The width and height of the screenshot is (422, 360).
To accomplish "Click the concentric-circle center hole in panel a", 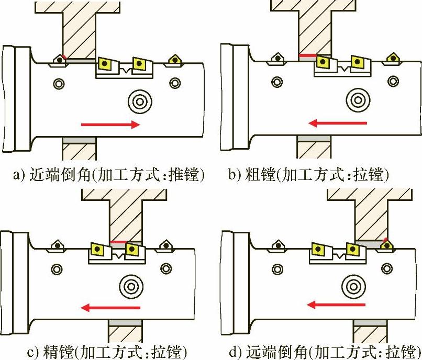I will [x=140, y=99].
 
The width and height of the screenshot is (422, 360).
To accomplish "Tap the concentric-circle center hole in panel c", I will [x=129, y=286].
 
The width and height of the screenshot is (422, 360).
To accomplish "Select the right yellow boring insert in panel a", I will [x=139, y=64].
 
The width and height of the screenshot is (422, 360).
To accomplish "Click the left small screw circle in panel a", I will [x=59, y=83].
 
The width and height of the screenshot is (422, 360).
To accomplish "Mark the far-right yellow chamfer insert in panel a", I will [x=173, y=59].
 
